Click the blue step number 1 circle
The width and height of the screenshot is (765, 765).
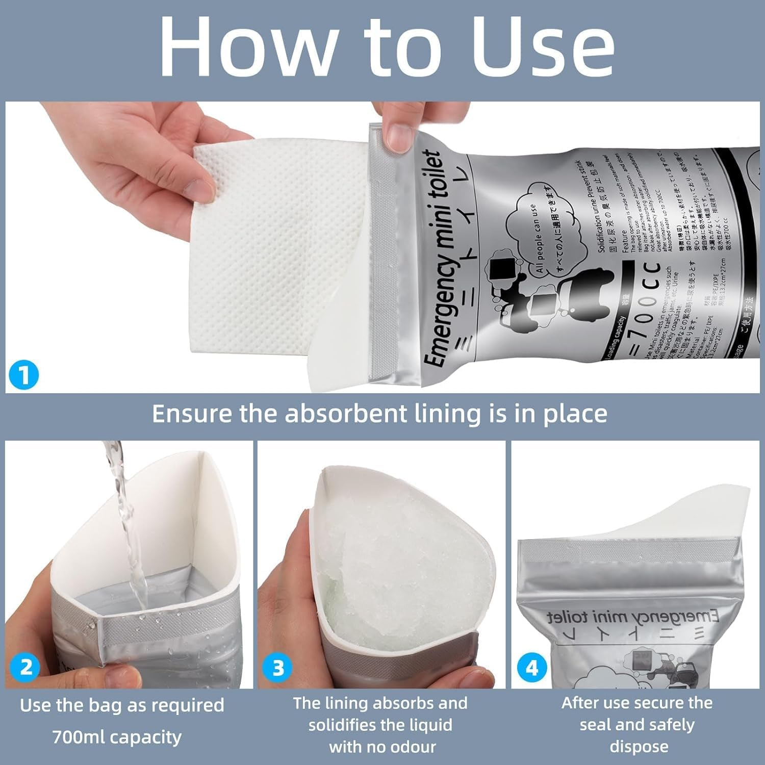coord(23,376)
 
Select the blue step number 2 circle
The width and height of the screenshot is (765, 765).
coord(25,667)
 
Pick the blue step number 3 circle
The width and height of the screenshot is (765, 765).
coord(278,668)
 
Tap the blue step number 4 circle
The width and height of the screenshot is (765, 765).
coord(531,668)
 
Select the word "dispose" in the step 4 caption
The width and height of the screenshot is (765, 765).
coord(639,747)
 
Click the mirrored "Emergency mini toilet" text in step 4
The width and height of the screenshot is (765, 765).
coord(632,617)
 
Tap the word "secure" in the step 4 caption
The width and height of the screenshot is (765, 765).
coord(663,703)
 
